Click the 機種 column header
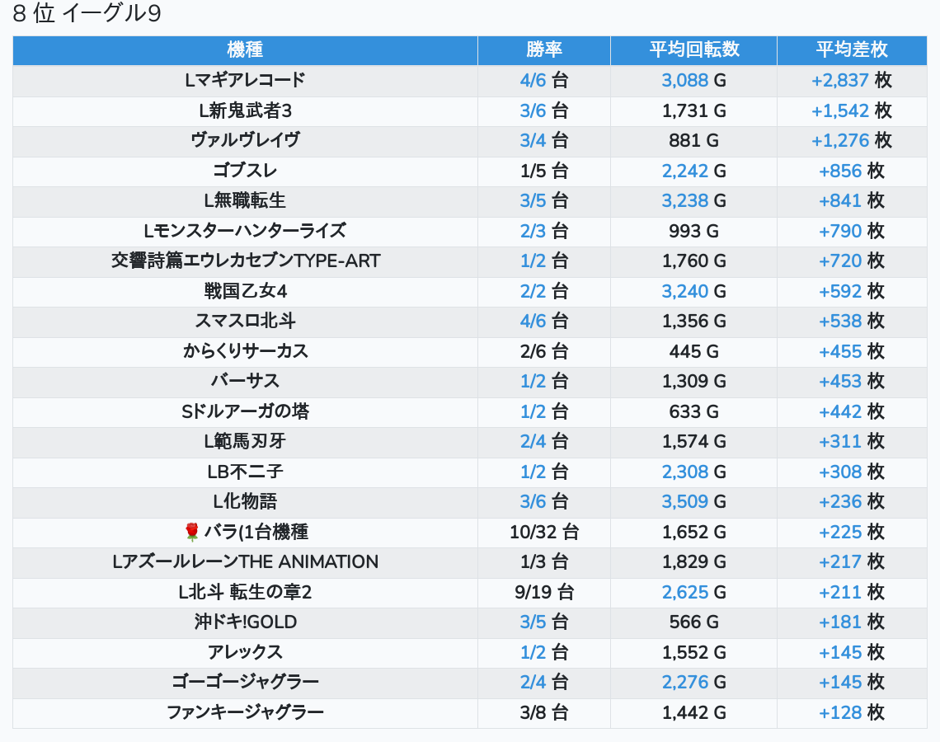pyautogui.click(x=245, y=49)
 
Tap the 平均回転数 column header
pyautogui.click(x=693, y=49)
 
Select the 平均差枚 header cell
pyautogui.click(x=851, y=49)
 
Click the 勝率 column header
pyautogui.click(x=543, y=49)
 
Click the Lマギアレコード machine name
pyautogui.click(x=245, y=80)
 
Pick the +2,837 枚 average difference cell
pyautogui.click(x=851, y=80)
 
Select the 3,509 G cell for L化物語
pyautogui.click(x=693, y=501)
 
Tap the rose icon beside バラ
pyautogui.click(x=192, y=532)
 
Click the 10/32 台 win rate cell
pyautogui.click(x=543, y=532)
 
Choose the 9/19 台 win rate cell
pyautogui.click(x=543, y=592)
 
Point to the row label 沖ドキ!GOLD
pyautogui.click(x=245, y=622)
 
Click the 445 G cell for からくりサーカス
pyautogui.click(x=693, y=351)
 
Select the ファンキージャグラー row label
pyautogui.click(x=245, y=712)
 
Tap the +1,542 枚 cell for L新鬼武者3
pyautogui.click(x=851, y=110)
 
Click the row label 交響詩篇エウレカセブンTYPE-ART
pyautogui.click(x=245, y=261)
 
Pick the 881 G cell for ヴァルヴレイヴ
pyautogui.click(x=693, y=140)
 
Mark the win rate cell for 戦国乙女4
pyautogui.click(x=543, y=291)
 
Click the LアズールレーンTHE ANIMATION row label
pyautogui.click(x=245, y=561)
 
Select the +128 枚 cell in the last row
pyautogui.click(x=851, y=712)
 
